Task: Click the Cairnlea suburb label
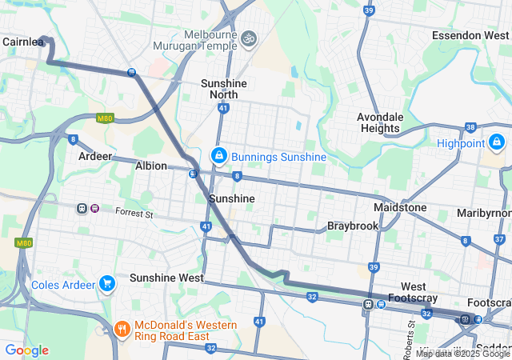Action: (x=22, y=42)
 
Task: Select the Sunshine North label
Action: (x=223, y=89)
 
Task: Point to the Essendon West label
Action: (x=470, y=35)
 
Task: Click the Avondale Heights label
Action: (x=379, y=122)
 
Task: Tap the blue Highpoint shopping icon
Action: (x=497, y=142)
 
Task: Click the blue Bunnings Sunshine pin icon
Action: (x=218, y=156)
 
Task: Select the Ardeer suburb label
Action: (x=95, y=156)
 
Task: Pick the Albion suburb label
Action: (x=151, y=166)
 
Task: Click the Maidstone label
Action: (x=400, y=207)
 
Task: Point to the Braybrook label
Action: (x=352, y=226)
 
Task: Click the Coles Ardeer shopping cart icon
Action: (x=107, y=284)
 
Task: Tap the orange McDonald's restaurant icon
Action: (x=122, y=328)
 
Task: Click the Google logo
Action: (x=26, y=350)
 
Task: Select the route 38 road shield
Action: (x=470, y=127)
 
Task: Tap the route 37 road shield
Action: (x=498, y=239)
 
